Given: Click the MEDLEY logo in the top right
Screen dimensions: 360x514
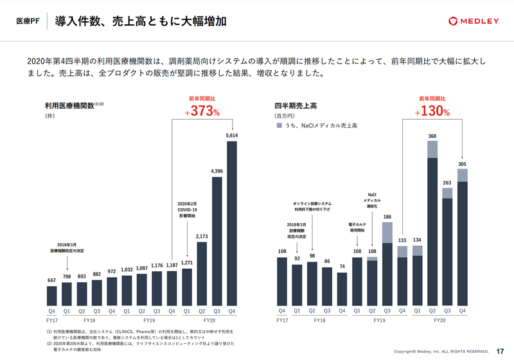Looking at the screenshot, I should (x=473, y=21).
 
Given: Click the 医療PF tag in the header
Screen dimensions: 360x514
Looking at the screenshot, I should (x=28, y=21).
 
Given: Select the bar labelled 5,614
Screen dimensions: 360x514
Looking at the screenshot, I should (x=231, y=222).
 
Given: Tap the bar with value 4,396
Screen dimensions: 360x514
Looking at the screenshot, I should (x=217, y=240).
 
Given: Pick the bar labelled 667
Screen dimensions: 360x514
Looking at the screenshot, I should (x=52, y=295).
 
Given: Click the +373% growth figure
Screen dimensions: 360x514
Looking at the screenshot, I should (x=202, y=111).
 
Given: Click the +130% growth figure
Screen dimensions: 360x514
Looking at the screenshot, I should (x=432, y=111).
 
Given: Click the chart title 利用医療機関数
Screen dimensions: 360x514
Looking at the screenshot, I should (x=69, y=105).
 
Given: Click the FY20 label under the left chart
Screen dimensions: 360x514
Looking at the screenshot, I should (x=209, y=319).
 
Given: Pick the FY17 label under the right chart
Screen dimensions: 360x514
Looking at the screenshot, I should (x=282, y=319).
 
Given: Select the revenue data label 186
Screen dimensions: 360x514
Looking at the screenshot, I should (x=387, y=217).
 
